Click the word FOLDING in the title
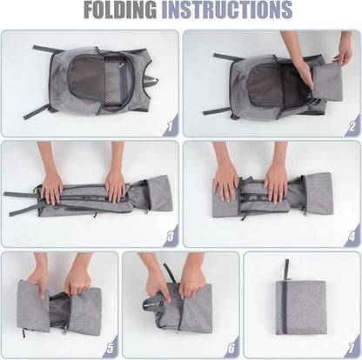click(120, 10)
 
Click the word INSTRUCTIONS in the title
click(226, 10)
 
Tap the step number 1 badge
click(171, 125)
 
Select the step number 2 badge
click(352, 125)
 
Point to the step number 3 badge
click(171, 237)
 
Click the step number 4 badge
click(352, 237)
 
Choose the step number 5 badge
click(110, 347)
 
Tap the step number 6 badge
click(231, 347)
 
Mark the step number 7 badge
click(352, 347)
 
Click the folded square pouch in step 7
click(301, 307)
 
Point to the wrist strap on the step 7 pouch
click(286, 270)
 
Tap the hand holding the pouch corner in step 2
click(343, 52)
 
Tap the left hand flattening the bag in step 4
click(225, 181)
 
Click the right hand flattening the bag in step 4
click(276, 181)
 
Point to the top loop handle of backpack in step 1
click(151, 81)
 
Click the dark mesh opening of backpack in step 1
click(87, 78)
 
